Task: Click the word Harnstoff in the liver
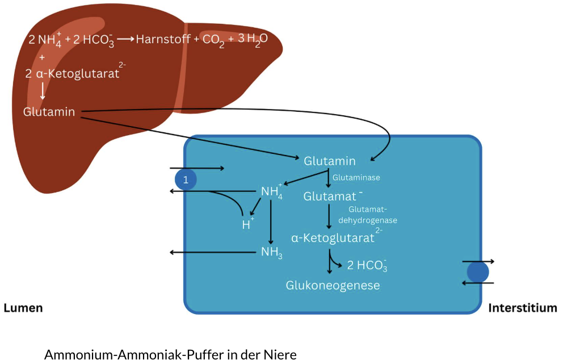[x=163, y=40]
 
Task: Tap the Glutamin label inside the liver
[x=49, y=112]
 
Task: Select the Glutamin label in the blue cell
[x=330, y=161]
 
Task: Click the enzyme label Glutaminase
[x=356, y=177]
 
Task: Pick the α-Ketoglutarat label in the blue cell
[x=334, y=238]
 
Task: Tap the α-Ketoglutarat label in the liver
[x=72, y=73]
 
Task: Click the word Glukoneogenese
[x=333, y=285]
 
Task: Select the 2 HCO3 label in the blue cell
[x=367, y=265]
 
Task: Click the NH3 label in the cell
[x=271, y=252]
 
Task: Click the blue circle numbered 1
[x=186, y=179]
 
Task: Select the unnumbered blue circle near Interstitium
[x=478, y=272]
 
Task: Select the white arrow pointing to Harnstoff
[x=125, y=39]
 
